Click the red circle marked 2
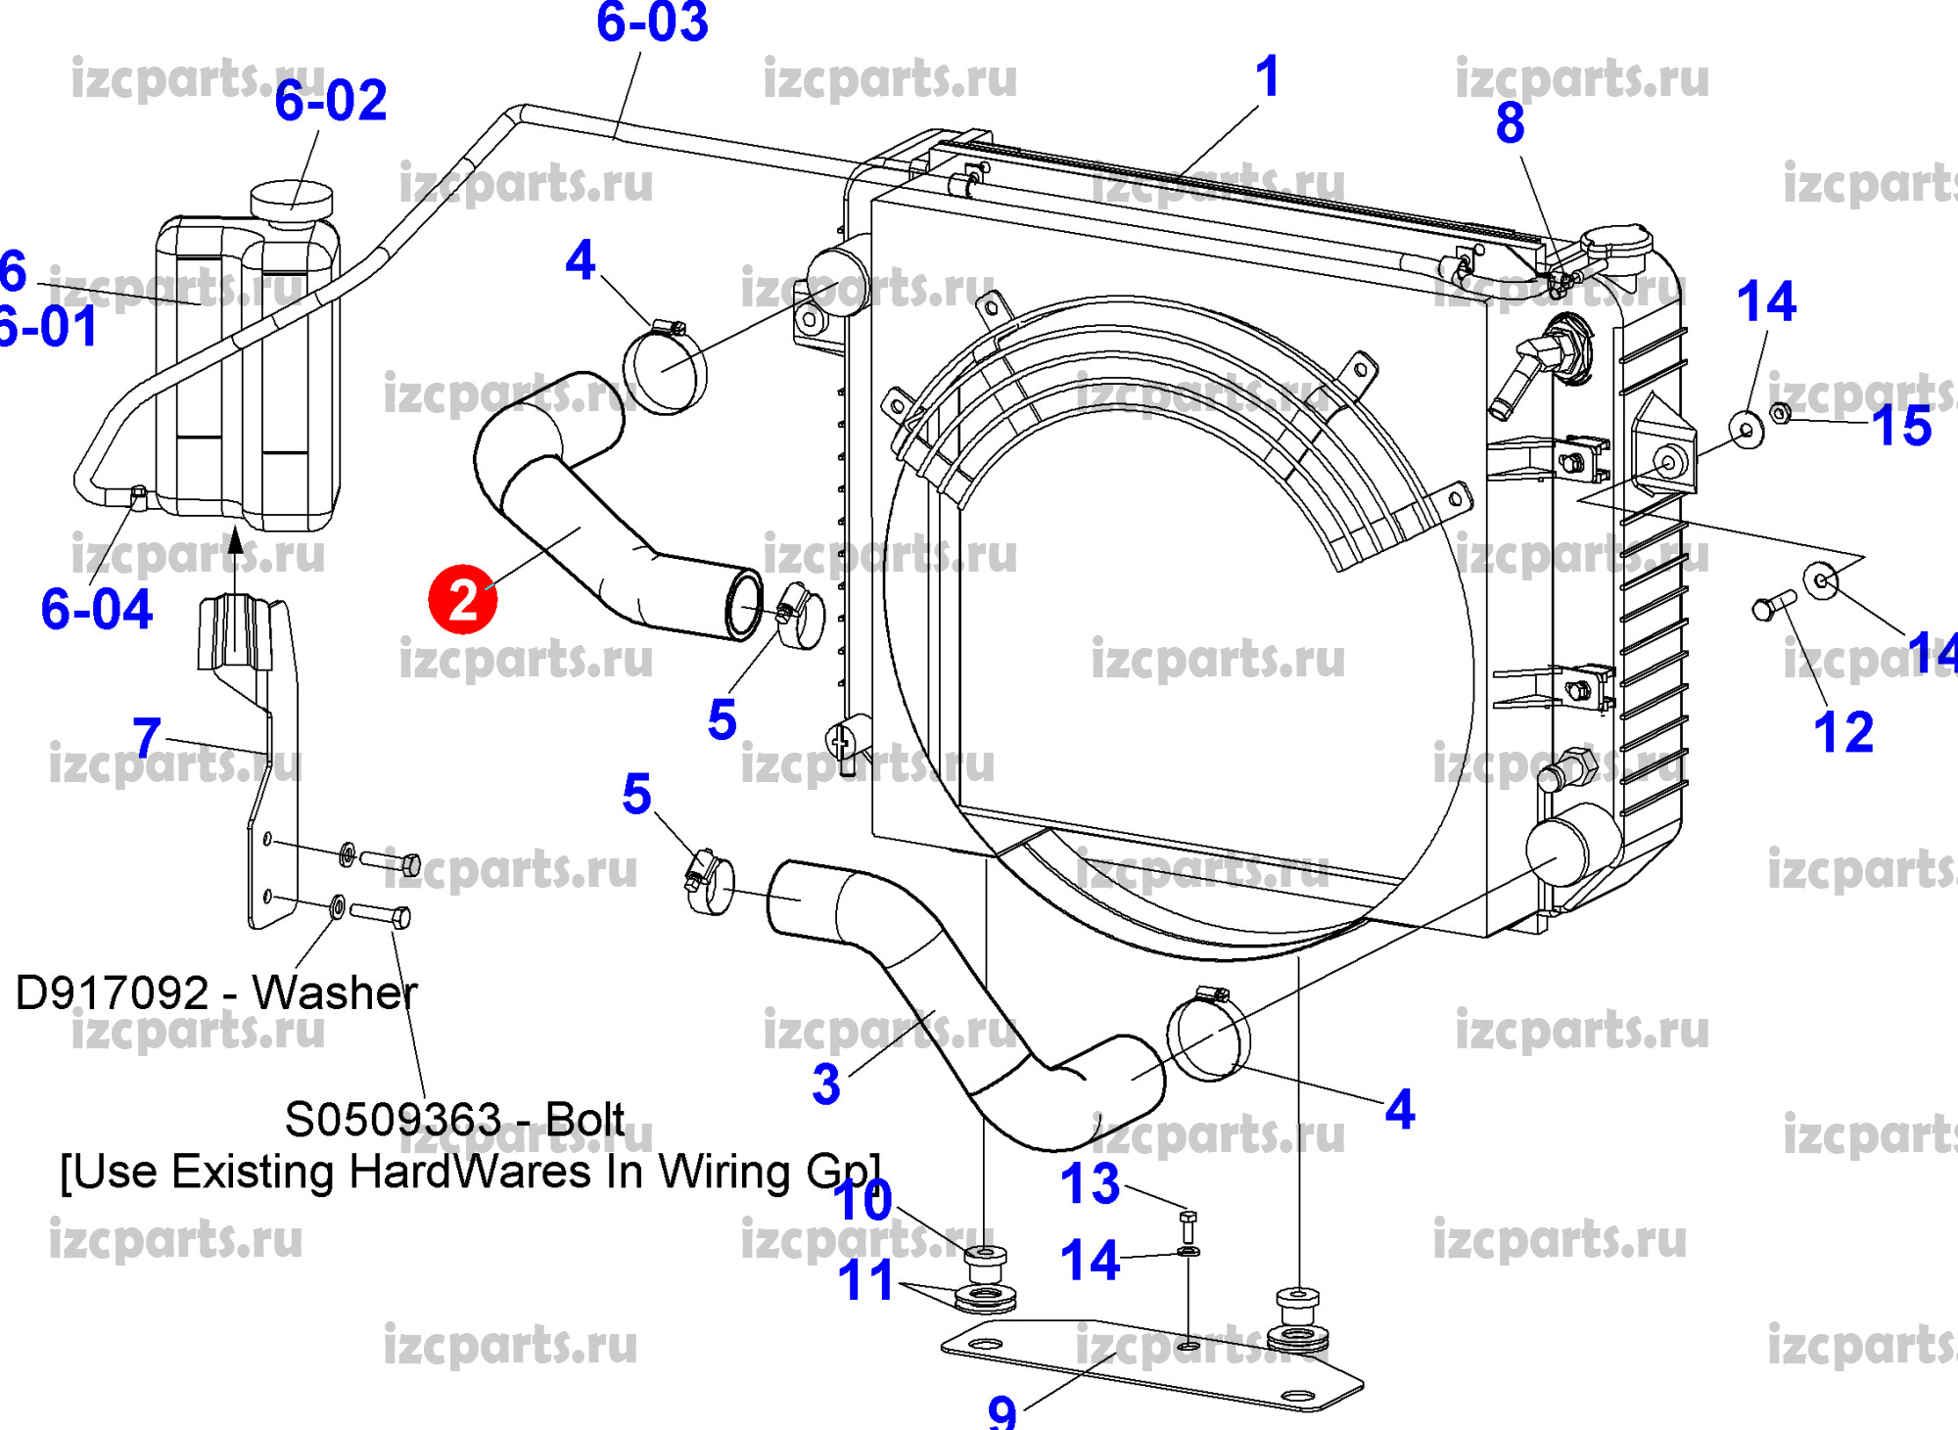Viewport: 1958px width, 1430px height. pyautogui.click(x=462, y=599)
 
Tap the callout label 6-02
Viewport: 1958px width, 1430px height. pyautogui.click(x=331, y=101)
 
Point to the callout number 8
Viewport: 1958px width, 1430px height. pyautogui.click(x=1510, y=123)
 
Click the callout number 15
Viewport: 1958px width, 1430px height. pyautogui.click(x=1901, y=426)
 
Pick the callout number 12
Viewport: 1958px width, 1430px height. pyautogui.click(x=1843, y=732)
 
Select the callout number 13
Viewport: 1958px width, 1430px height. pyautogui.click(x=1090, y=1184)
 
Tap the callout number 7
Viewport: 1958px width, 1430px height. pyautogui.click(x=147, y=736)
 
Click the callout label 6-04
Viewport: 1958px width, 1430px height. pyautogui.click(x=97, y=609)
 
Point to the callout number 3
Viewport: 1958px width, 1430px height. pyautogui.click(x=826, y=1084)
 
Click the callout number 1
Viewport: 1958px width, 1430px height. pyautogui.click(x=1268, y=76)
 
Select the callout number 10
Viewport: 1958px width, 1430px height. pyautogui.click(x=863, y=1201)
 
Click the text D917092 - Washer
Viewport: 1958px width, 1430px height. pyautogui.click(x=216, y=992)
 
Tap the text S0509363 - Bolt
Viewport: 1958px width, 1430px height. pyautogui.click(x=454, y=1120)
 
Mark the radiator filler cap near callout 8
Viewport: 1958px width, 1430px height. pyautogui.click(x=1615, y=243)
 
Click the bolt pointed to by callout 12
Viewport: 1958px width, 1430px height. pyautogui.click(x=1773, y=605)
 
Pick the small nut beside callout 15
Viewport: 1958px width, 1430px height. pyautogui.click(x=1782, y=413)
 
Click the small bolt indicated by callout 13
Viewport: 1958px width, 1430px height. pyautogui.click(x=1189, y=1224)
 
